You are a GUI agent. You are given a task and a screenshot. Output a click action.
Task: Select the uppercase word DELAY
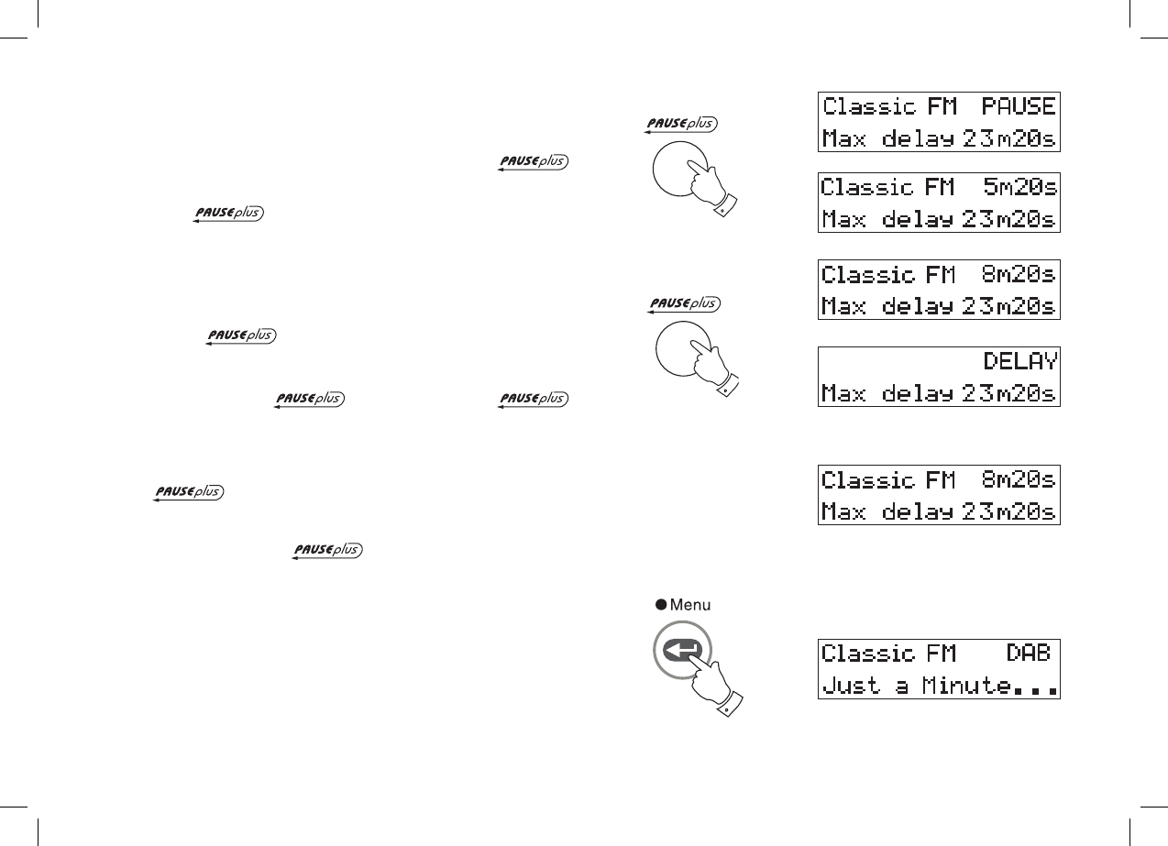pyautogui.click(x=1020, y=360)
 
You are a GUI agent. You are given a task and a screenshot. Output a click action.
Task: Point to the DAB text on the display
pyautogui.click(x=1028, y=654)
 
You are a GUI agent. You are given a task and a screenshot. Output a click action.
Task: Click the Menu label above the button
pyautogui.click(x=690, y=604)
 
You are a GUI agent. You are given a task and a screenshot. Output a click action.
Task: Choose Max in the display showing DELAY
pyautogui.click(x=843, y=394)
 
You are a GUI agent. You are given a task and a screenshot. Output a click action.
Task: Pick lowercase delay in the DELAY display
pyautogui.click(x=919, y=394)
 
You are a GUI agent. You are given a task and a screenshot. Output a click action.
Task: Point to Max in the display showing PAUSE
pyautogui.click(x=843, y=140)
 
